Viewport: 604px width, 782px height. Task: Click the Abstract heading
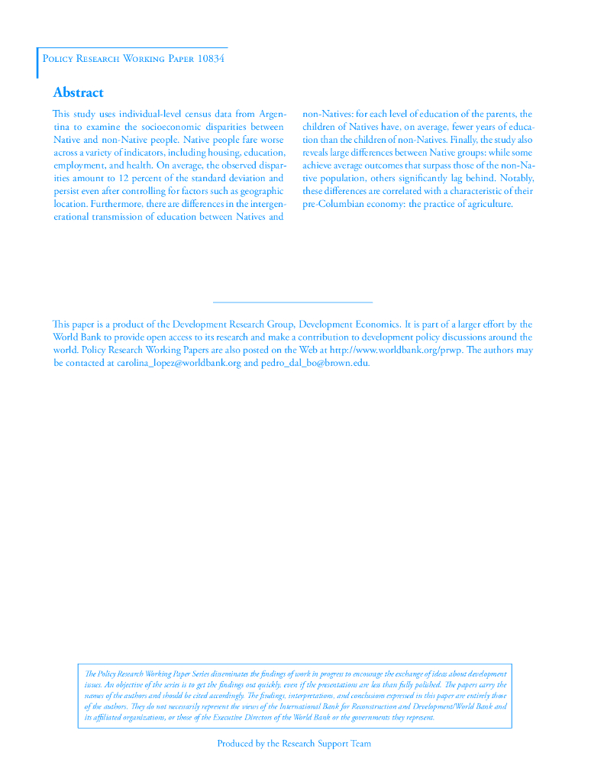click(78, 93)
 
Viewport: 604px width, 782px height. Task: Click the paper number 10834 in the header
click(211, 59)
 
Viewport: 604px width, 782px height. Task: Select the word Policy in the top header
click(57, 59)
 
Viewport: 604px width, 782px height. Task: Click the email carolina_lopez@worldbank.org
click(179, 363)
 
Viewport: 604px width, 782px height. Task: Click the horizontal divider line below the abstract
click(292, 303)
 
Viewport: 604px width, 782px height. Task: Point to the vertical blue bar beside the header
click(37, 63)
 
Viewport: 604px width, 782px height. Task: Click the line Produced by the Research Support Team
click(294, 743)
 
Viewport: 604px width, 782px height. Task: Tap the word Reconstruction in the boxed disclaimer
click(398, 706)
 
